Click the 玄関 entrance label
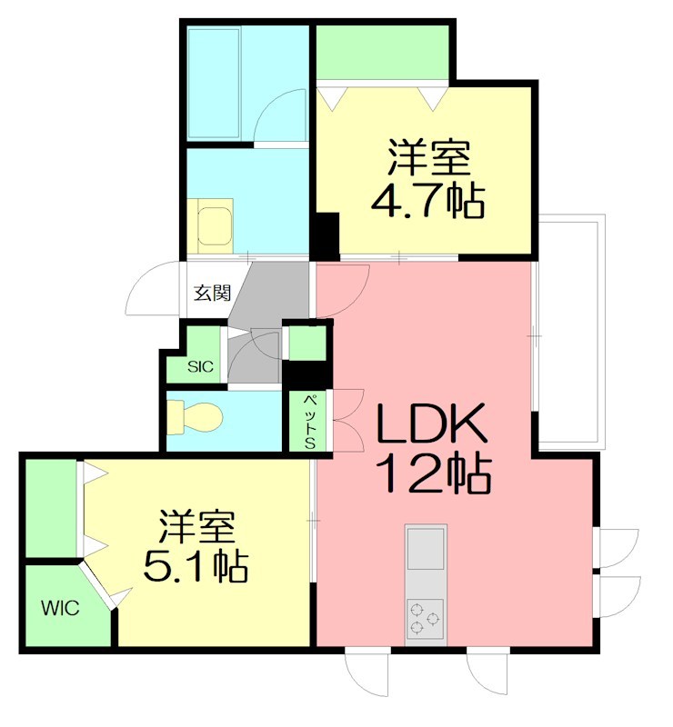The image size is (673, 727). click(212, 293)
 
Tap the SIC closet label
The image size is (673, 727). click(200, 367)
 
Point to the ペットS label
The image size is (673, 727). click(308, 421)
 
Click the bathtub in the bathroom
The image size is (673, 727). click(215, 83)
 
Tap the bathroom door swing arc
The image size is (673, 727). click(280, 116)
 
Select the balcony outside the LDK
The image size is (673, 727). click(569, 331)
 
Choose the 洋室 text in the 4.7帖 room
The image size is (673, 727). click(428, 159)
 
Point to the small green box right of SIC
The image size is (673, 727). click(306, 344)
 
